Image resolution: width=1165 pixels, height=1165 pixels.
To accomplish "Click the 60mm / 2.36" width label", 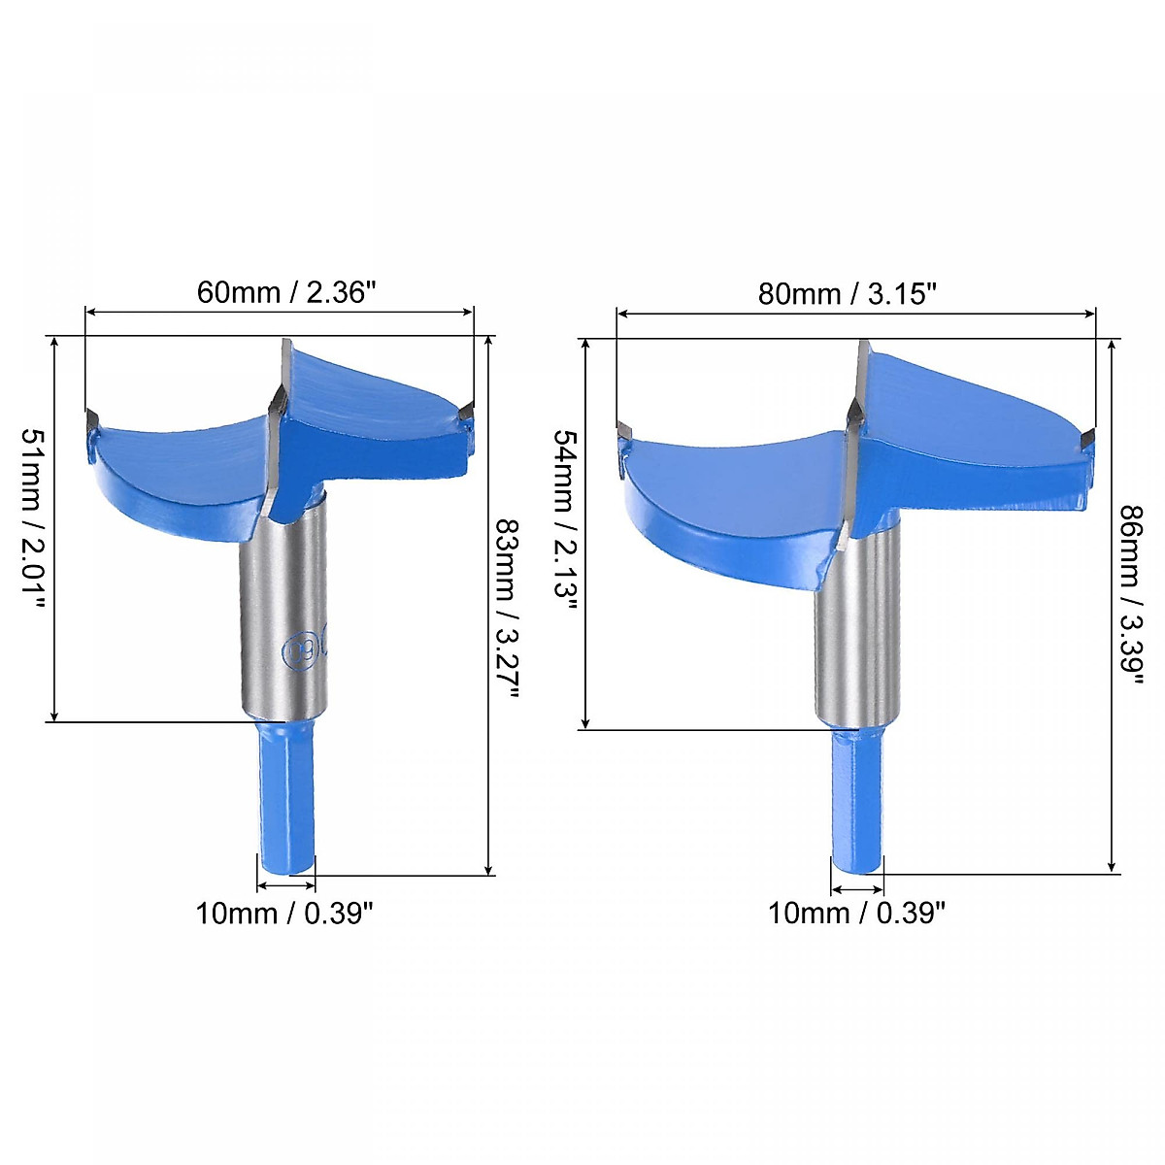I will pos(285,292).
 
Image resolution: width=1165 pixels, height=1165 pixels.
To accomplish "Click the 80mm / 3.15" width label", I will pos(847,293).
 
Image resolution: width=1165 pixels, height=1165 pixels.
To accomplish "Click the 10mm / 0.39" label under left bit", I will pos(284,914).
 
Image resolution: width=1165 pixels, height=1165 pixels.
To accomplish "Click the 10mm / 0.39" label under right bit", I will pos(856,914).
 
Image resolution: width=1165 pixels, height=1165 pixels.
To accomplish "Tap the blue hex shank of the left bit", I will pos(287,796).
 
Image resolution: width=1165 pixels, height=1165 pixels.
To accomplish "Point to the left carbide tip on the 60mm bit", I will pos(93,419).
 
